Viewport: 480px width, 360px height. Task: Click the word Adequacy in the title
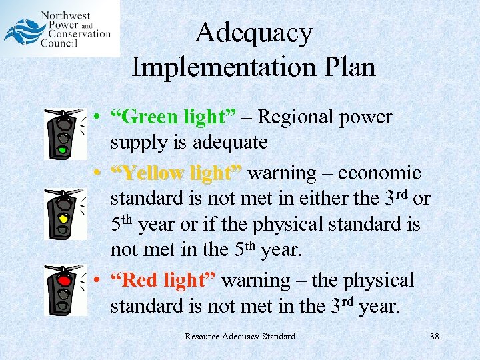click(x=254, y=33)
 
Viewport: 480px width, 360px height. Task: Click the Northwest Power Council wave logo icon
click(x=22, y=31)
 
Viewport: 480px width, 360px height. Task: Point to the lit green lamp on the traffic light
click(x=63, y=150)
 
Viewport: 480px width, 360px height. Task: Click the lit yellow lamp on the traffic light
click(x=64, y=217)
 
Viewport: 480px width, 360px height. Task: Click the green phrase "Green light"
click(x=173, y=117)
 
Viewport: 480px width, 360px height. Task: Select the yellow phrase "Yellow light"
click(x=177, y=173)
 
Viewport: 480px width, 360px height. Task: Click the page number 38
click(x=434, y=336)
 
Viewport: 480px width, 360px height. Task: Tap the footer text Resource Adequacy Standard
click(x=239, y=336)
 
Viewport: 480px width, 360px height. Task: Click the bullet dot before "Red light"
click(x=97, y=281)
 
